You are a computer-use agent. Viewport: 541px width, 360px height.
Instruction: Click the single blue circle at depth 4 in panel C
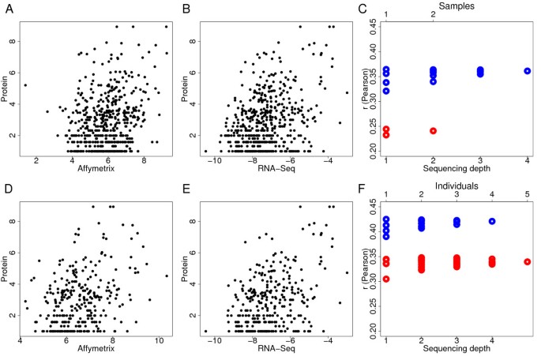[527, 71]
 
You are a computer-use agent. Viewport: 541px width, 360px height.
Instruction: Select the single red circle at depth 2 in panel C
[433, 131]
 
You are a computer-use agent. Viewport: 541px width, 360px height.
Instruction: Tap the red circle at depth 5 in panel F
[527, 261]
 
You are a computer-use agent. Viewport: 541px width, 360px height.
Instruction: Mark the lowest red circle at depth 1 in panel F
[385, 279]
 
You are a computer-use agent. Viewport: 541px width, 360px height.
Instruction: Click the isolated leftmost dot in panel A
[24, 85]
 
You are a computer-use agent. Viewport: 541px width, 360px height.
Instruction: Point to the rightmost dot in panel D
[167, 276]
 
